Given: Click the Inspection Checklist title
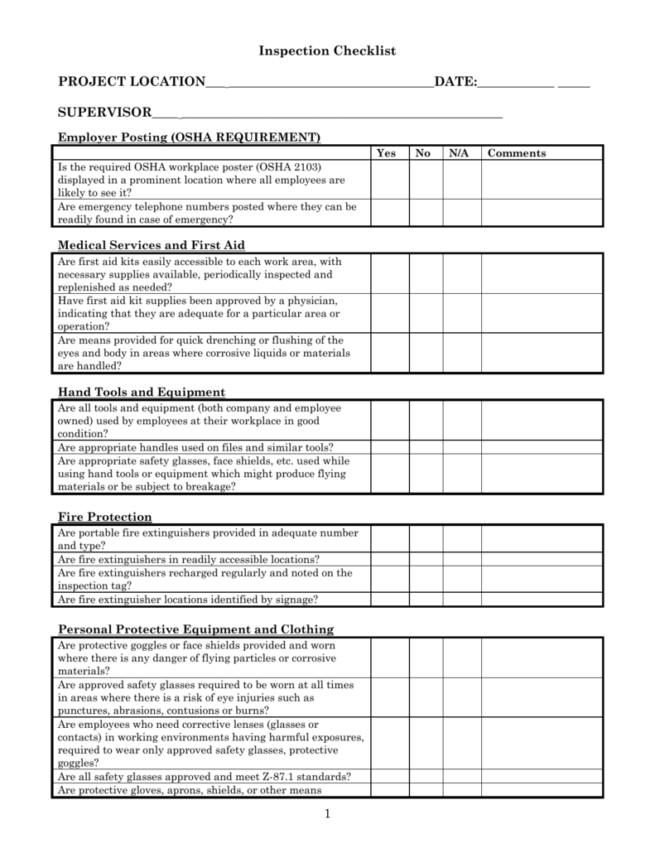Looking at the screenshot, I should [327, 51].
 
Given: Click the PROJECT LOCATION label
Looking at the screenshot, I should [131, 81].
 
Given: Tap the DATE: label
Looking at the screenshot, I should [455, 81].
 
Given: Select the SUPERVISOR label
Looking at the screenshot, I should [104, 112].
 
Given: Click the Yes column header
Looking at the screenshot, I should [386, 153].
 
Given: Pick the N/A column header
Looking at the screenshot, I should [459, 153].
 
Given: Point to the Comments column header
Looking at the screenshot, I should [517, 153].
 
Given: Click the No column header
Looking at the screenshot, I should [423, 153].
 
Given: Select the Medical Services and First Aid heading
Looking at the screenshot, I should [151, 245].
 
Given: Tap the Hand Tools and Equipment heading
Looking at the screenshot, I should [141, 392].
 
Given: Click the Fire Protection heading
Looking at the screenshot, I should [104, 517].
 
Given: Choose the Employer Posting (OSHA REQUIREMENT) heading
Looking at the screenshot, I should [189, 137].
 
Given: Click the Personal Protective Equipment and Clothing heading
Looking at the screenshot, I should [195, 629].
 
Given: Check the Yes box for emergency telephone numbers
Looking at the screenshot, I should [389, 213].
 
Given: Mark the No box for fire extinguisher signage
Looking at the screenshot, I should [426, 600].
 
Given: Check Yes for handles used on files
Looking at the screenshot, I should [389, 447].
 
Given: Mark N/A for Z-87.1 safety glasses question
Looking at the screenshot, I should [462, 777].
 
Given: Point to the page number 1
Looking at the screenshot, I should [327, 815].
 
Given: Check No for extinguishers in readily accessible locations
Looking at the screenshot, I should [426, 560].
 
